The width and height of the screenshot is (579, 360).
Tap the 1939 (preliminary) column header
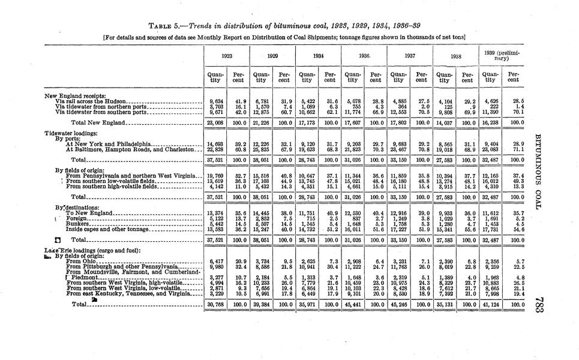click(x=502, y=55)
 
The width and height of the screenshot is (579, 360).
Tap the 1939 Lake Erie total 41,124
click(x=491, y=304)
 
